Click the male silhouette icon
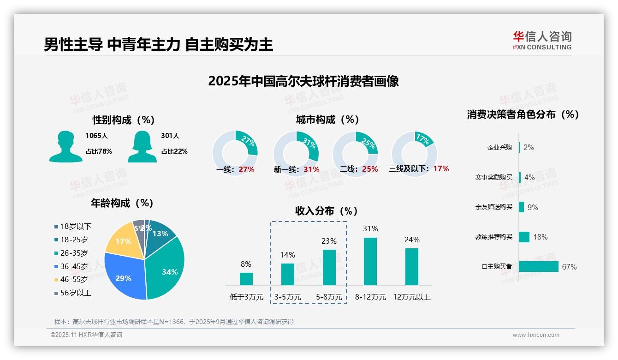click(x=65, y=146)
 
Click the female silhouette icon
click(x=143, y=146)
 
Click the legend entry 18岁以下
click(x=76, y=226)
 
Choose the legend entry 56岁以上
click(x=76, y=293)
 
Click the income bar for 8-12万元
click(x=370, y=261)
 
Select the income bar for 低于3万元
click(x=246, y=279)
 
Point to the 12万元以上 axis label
click(x=411, y=297)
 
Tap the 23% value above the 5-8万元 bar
click(x=329, y=241)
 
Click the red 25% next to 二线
click(x=370, y=169)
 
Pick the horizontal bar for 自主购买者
click(x=538, y=266)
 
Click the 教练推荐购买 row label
click(x=493, y=237)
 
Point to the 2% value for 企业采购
click(x=529, y=147)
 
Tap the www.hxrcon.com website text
click(x=536, y=335)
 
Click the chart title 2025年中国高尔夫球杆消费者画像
click(x=303, y=81)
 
